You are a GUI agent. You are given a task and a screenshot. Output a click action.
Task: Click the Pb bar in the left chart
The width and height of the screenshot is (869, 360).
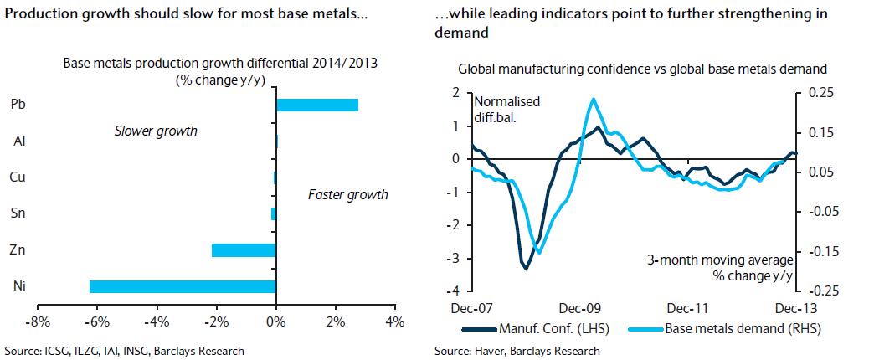317,105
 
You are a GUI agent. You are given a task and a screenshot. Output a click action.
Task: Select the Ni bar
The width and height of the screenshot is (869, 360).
183,286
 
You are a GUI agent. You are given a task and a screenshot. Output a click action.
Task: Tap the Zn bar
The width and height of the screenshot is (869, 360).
244,249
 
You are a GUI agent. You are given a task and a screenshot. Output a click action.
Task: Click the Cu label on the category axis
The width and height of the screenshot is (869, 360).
18,177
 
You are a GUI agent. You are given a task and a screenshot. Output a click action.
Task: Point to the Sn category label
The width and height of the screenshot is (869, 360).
18,213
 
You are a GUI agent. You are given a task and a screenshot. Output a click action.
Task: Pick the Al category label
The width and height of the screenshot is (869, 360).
18,141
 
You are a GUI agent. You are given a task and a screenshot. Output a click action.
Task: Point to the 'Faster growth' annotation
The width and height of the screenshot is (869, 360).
347,194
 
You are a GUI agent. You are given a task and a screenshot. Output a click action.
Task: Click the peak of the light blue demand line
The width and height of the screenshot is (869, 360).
594,99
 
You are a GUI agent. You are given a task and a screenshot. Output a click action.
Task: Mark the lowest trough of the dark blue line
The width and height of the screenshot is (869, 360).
526,268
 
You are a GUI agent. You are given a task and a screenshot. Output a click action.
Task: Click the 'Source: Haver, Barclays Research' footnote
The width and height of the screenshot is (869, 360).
517,351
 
